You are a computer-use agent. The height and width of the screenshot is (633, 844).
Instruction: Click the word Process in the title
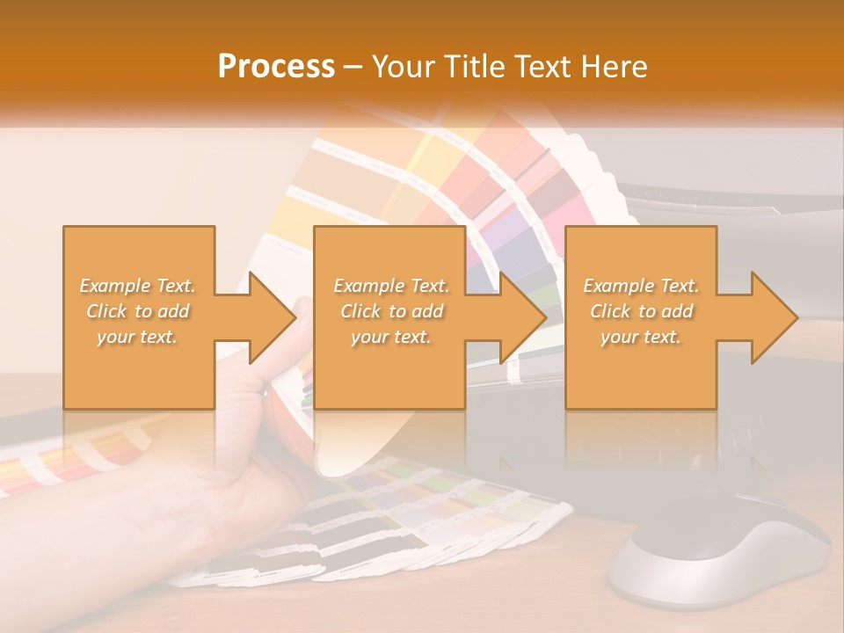276,67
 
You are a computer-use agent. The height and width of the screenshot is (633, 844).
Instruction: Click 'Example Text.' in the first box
138,286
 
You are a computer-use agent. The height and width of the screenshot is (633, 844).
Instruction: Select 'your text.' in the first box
138,337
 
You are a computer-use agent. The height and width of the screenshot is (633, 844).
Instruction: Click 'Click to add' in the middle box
391,311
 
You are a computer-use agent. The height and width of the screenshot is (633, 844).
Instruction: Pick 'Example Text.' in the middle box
391,286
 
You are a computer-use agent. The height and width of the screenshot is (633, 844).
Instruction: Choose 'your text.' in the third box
641,337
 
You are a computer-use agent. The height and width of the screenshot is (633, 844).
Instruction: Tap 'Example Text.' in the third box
641,286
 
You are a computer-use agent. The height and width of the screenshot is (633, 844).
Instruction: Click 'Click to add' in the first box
138,311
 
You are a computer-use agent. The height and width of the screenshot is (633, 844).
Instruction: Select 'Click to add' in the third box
641,311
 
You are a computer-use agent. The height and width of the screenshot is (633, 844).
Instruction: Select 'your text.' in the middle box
391,337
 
